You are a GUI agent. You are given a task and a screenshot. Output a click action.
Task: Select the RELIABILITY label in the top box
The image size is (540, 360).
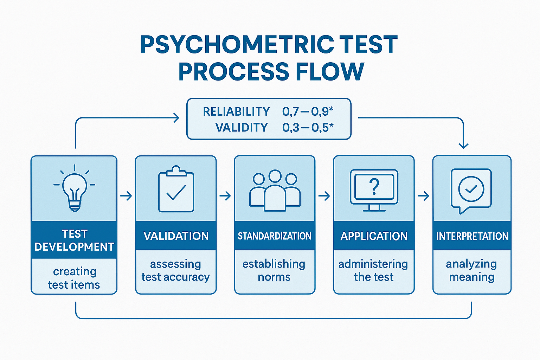236,111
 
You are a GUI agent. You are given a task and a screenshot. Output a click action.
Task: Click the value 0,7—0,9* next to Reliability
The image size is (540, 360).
308,111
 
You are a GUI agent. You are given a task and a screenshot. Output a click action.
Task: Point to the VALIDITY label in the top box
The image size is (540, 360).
242,127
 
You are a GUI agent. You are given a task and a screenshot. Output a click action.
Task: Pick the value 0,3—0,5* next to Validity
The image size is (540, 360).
308,127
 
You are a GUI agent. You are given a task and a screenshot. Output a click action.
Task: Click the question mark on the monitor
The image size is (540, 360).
374,186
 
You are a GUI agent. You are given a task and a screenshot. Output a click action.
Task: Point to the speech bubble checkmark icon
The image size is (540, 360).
471,190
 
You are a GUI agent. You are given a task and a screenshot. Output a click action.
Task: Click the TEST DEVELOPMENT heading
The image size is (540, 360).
74,240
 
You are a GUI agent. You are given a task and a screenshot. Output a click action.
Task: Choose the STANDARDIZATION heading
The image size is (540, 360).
275,236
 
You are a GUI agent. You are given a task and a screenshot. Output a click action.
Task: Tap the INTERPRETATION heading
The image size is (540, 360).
472,236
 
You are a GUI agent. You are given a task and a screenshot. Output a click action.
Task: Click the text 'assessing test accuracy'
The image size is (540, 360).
176,270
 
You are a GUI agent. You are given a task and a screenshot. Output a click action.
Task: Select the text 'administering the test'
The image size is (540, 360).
373,270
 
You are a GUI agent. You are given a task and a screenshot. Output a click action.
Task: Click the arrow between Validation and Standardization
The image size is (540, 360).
225,196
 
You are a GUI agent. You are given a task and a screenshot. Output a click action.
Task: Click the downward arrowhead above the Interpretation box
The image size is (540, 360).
464,145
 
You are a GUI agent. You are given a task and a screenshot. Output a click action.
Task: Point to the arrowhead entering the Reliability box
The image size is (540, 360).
176,118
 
